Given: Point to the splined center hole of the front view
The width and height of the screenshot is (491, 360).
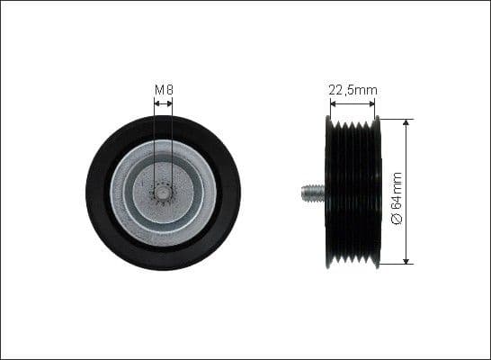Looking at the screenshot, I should point(163,192).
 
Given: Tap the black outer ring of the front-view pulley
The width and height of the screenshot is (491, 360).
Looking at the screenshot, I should point(99,192).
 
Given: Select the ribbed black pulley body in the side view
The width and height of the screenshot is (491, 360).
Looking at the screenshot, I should point(353,192).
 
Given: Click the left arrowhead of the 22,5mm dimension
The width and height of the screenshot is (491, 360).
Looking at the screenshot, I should point(333,103).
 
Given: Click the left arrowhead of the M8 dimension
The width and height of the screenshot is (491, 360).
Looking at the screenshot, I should point(156,103).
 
